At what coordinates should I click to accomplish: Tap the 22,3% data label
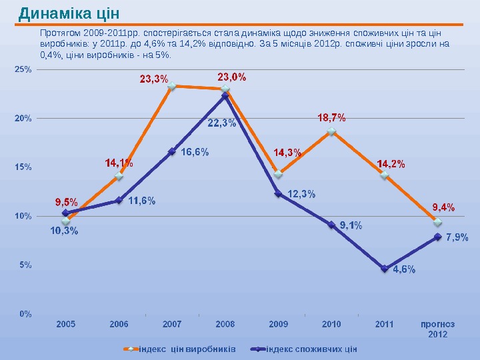coord(221,123)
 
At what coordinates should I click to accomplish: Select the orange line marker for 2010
coord(331,132)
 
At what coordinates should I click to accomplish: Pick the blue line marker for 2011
coord(385,269)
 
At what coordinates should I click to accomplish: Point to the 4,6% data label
coord(404,269)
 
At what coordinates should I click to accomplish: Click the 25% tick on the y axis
coord(23,69)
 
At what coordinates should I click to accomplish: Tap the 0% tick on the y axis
coord(25,313)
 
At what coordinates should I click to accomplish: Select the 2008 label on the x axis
coord(225,325)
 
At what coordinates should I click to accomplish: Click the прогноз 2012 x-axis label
coord(437,329)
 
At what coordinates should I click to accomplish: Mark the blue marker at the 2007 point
coord(172,151)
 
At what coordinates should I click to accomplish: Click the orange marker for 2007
coord(172,86)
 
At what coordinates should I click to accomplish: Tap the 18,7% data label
coord(331,117)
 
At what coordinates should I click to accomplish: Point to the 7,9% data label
coord(457,237)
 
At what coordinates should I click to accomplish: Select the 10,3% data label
coord(65,231)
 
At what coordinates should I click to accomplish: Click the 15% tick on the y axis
coord(23,167)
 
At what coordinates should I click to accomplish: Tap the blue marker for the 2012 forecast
coord(438,237)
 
